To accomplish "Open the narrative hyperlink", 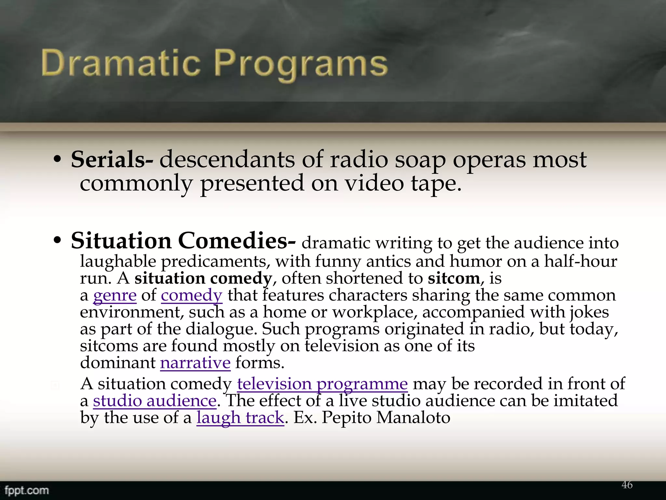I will (195, 363).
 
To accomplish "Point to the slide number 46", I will (627, 485).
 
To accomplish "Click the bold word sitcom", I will (454, 278).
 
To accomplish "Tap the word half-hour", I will (580, 261).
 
